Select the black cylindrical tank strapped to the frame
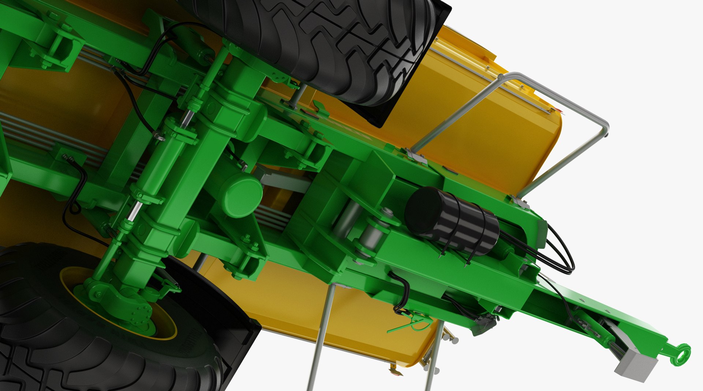pyautogui.click(x=452, y=221)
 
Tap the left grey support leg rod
pyautogui.click(x=321, y=337)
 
